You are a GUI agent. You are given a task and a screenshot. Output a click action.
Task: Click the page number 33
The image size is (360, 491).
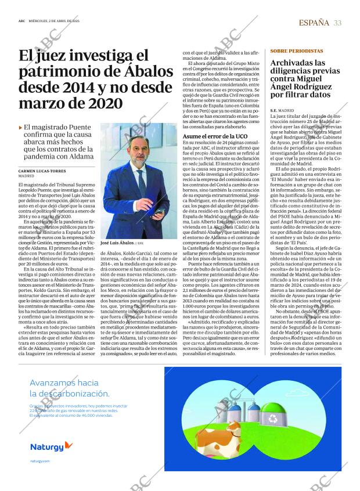337,23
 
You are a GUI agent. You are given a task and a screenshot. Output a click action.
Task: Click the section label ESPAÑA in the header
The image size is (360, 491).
314,23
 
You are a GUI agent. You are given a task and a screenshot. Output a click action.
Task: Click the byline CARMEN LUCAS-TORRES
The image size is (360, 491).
43,171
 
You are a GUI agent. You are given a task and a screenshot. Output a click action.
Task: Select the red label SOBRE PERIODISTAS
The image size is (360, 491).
297,51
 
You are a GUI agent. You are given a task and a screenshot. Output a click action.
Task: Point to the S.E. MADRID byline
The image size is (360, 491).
282,110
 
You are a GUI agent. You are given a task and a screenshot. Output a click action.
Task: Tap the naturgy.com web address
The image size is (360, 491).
40,461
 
